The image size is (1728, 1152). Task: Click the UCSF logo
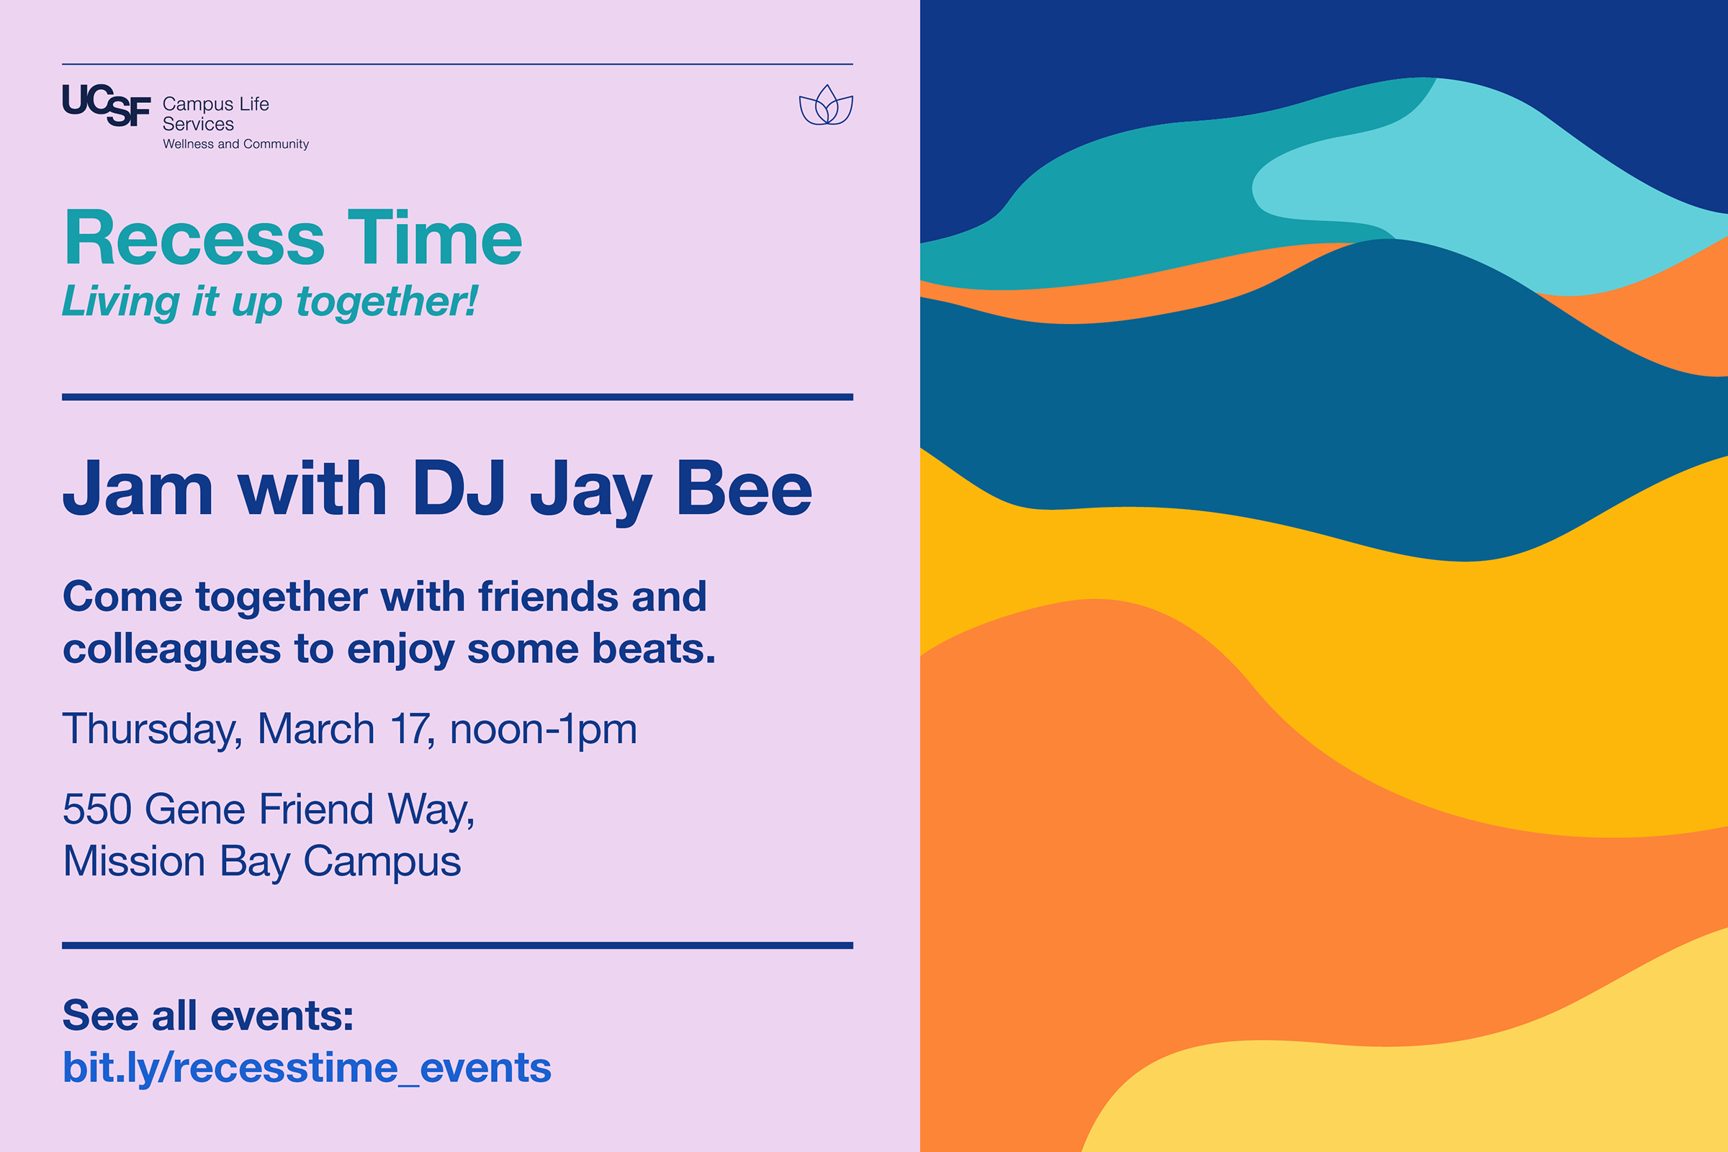[107, 105]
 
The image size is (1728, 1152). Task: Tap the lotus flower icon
[826, 106]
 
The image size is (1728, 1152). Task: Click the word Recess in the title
[194, 238]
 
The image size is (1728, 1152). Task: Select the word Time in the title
[434, 238]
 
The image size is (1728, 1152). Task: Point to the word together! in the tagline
[387, 302]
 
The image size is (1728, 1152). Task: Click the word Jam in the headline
[138, 490]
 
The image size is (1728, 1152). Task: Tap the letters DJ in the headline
[459, 490]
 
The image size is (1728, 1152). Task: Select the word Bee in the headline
[744, 490]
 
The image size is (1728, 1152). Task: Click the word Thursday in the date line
[152, 729]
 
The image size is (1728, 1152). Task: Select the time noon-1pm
[543, 729]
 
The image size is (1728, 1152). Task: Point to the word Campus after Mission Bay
[382, 862]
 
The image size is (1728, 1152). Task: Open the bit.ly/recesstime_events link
[307, 1068]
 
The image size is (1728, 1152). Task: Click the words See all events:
[208, 1015]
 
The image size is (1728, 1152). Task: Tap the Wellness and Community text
[236, 144]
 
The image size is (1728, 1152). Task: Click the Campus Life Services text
[215, 114]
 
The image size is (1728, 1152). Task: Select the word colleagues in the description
[172, 650]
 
